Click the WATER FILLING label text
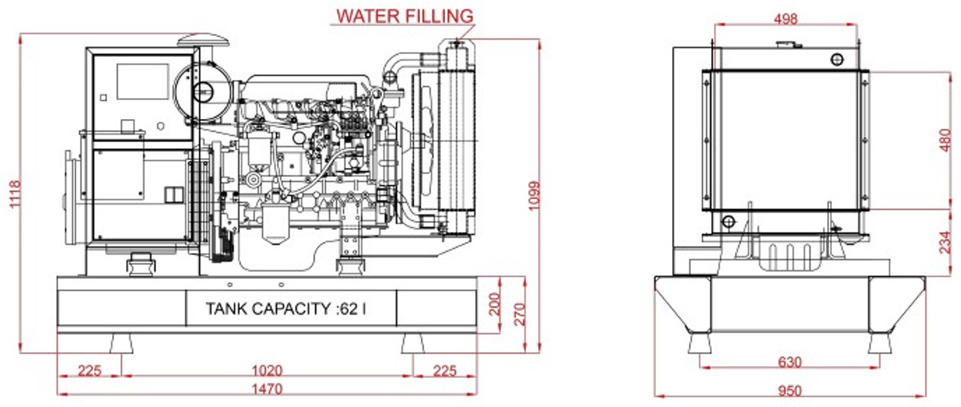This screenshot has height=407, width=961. [x=405, y=15]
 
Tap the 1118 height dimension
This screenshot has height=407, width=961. [x=15, y=193]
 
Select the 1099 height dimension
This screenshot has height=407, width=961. [x=533, y=196]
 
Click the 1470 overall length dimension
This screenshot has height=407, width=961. [x=267, y=389]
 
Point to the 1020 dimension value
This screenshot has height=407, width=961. [x=267, y=370]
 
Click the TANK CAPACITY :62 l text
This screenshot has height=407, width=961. [x=285, y=309]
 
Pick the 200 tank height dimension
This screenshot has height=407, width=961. [x=495, y=305]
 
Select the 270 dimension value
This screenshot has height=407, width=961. [x=519, y=314]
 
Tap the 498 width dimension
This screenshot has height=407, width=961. [x=785, y=18]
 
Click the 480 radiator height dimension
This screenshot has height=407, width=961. [x=946, y=140]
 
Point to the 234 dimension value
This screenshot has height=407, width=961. [x=946, y=242]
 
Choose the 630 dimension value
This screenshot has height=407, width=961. [x=789, y=361]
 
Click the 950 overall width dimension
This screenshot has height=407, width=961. [x=789, y=390]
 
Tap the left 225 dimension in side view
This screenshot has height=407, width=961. [x=89, y=370]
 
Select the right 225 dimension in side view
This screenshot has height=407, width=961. [x=444, y=370]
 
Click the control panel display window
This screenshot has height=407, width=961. [x=143, y=81]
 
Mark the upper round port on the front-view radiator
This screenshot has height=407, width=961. [x=837, y=59]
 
